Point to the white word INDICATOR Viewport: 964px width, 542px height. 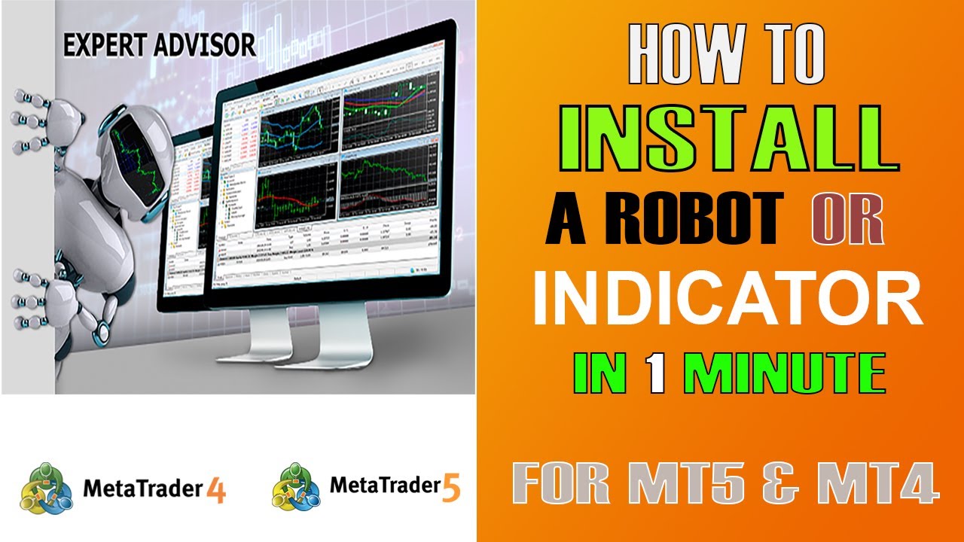(728, 301)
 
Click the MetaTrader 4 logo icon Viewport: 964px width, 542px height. (47, 488)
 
